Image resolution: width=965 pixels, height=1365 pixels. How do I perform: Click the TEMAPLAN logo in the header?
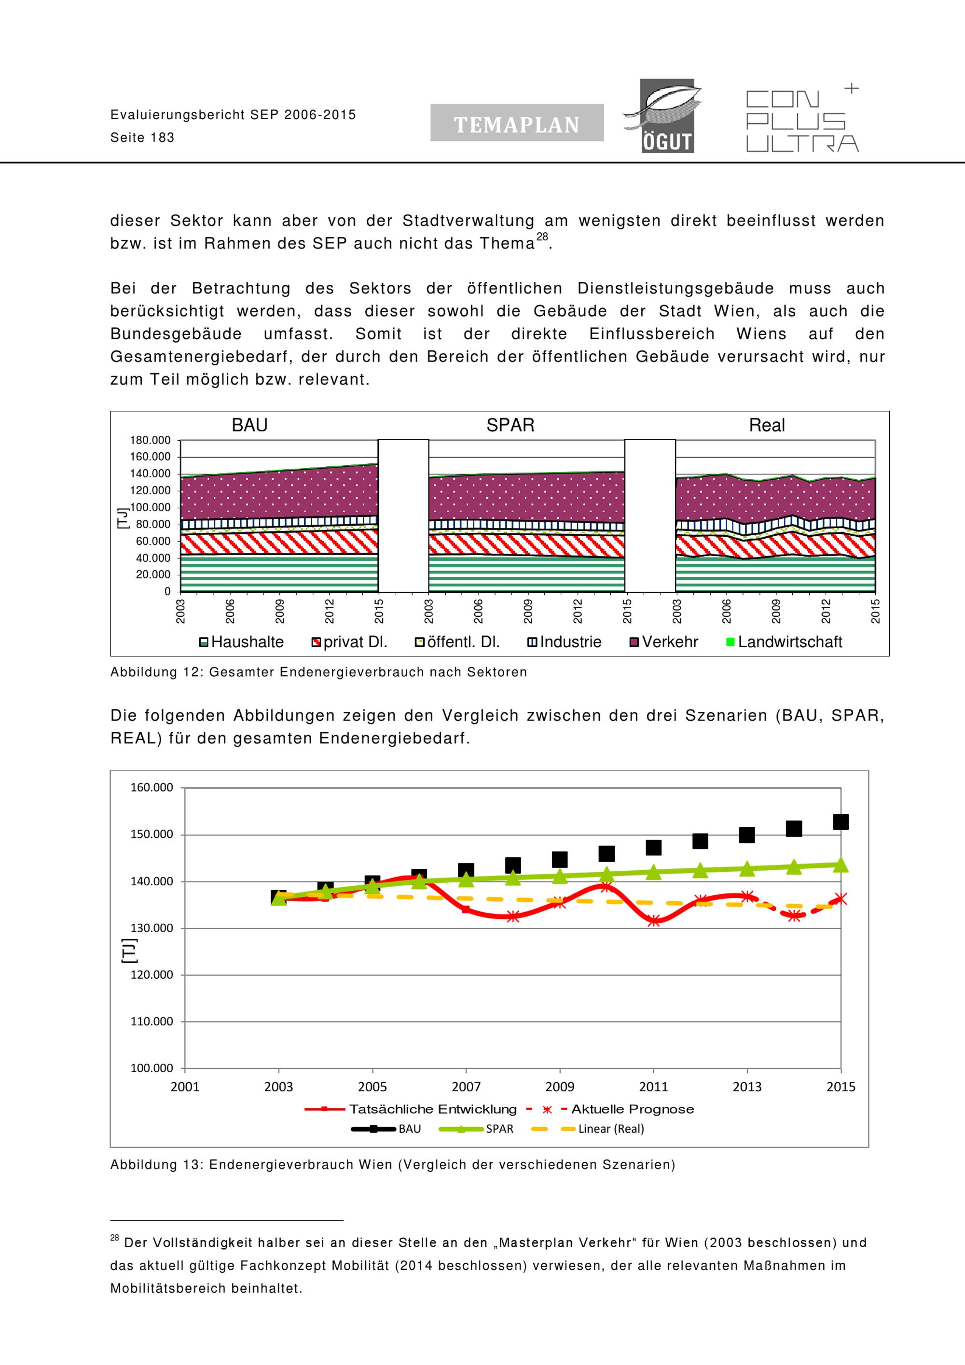tap(516, 123)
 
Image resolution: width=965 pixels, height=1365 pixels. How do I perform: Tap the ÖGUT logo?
tap(662, 116)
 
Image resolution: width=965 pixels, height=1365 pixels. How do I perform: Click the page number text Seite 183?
tap(143, 138)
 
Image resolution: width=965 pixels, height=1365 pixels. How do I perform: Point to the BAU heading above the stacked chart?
tap(249, 426)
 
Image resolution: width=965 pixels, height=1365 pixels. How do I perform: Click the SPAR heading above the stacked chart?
tap(510, 426)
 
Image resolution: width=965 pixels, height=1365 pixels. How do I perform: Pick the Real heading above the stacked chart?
tap(767, 426)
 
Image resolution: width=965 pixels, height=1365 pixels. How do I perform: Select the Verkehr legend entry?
tap(670, 642)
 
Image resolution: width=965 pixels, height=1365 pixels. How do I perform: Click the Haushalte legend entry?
tap(247, 642)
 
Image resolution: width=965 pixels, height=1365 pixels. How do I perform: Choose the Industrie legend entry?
tap(570, 642)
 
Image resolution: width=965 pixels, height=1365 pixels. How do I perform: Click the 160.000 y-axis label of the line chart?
tap(152, 788)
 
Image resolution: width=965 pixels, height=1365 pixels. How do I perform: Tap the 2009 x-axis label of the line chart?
tap(560, 1087)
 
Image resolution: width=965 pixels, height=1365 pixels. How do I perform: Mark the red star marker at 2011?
tap(654, 921)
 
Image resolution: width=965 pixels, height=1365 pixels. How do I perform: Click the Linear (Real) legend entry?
tap(610, 1129)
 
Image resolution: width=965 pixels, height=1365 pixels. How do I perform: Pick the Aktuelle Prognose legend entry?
tap(632, 1109)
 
